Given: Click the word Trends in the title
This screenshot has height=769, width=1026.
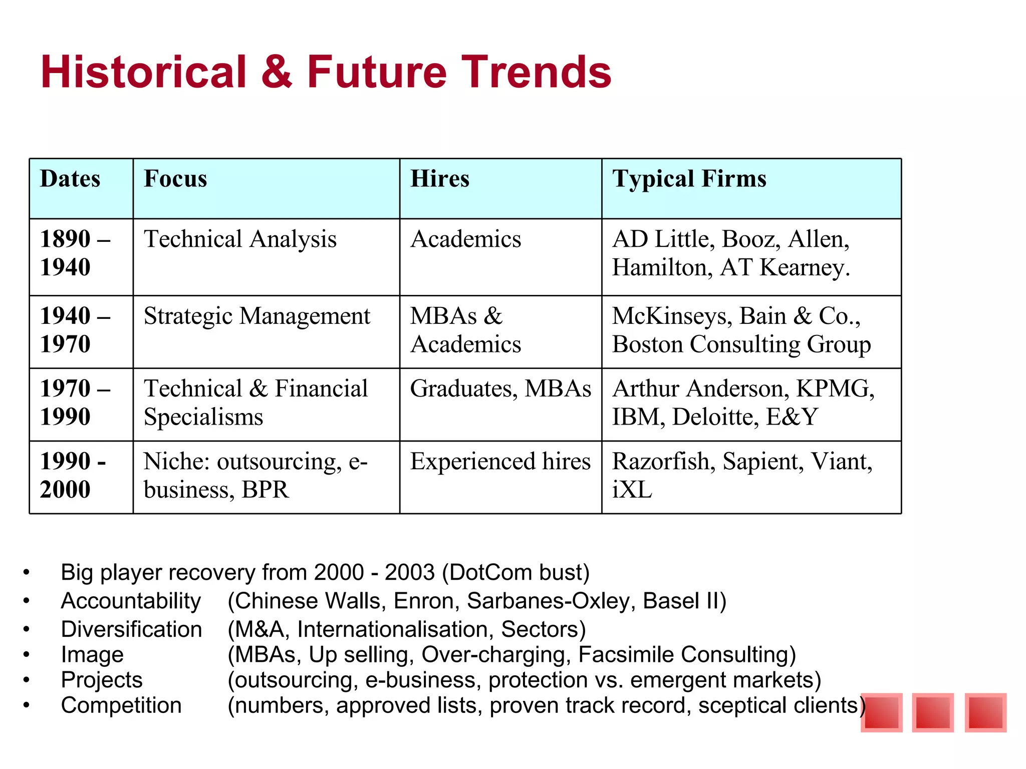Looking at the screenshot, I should pos(536,72).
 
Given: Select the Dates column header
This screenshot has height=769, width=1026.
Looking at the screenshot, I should pos(70,179).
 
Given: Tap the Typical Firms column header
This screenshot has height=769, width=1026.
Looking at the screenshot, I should pos(689,179).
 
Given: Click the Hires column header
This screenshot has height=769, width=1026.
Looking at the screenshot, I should pos(439,179).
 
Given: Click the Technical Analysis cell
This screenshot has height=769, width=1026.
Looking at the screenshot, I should pos(240,239).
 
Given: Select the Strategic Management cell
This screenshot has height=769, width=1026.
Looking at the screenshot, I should pos(256,316).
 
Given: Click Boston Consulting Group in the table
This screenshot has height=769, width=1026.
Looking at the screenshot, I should pos(741,344).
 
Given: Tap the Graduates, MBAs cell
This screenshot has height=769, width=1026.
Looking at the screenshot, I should pos(500,389).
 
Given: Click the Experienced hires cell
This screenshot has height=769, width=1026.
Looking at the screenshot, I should pos(500,461).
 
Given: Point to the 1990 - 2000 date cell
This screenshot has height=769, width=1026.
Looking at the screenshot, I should pos(73,475).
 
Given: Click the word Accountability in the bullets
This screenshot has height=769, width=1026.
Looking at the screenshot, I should pos(131,601).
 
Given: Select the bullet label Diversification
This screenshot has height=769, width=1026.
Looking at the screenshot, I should pos(131,629).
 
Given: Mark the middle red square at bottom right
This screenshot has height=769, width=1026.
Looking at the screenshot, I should pos(932,712).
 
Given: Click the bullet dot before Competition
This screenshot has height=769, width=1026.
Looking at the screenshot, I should pos(26,705).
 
